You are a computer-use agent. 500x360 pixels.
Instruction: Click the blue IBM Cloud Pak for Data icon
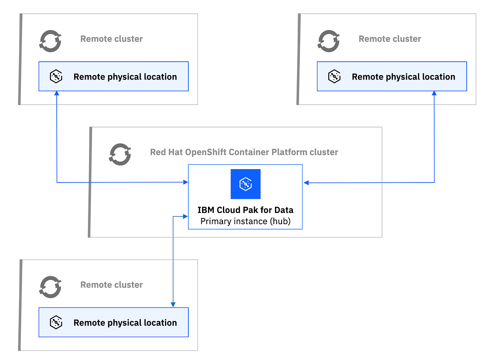point(245,184)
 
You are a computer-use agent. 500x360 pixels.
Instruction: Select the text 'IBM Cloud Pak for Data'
point(245,210)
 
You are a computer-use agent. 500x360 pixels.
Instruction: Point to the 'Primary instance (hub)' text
point(245,221)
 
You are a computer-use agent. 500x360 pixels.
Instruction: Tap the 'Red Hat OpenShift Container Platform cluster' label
point(244,152)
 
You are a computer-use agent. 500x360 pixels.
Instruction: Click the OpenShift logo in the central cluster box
point(120,154)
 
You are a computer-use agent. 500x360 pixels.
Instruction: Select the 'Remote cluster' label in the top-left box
point(112,39)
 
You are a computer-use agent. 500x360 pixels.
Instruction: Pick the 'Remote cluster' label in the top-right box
point(390,39)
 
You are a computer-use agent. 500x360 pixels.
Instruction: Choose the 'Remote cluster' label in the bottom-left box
point(112,285)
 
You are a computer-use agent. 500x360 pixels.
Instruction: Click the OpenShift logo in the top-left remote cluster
point(50,41)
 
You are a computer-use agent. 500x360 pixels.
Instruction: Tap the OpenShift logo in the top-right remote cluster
point(329,41)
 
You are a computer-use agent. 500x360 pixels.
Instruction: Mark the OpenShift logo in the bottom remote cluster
point(50,287)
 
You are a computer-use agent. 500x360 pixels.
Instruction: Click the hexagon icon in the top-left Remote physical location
point(56,77)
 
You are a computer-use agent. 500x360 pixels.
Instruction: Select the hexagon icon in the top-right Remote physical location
point(334,77)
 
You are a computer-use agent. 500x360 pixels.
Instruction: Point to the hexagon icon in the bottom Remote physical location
point(56,322)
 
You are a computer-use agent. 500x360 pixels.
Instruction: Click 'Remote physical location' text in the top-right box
point(403,77)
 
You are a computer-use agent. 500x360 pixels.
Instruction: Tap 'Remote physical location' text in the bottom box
point(125,322)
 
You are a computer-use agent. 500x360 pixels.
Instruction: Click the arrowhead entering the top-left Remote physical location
point(56,94)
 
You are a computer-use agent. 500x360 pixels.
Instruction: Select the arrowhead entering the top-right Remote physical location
point(434,94)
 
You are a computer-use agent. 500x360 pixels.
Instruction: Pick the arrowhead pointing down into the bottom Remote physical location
point(173,305)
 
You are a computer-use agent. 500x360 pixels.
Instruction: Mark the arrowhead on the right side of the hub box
point(306,182)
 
